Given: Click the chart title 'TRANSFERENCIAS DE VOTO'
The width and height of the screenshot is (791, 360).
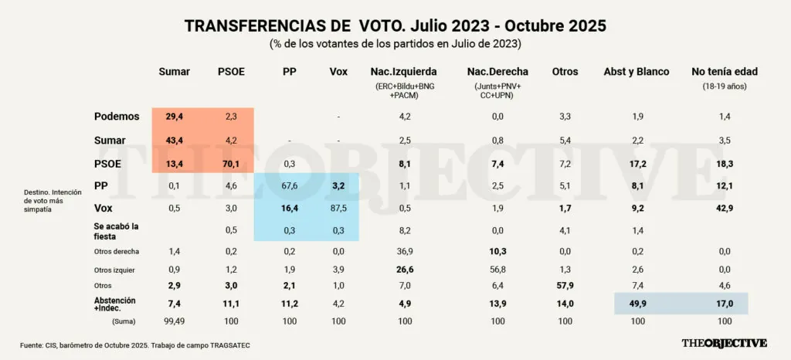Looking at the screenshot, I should (x=395, y=25).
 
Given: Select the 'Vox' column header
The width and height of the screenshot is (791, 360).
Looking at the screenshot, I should (x=338, y=72).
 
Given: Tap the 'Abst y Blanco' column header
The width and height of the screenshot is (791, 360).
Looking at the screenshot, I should (x=636, y=72).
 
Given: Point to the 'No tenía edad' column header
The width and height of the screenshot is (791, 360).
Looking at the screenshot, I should (x=724, y=72).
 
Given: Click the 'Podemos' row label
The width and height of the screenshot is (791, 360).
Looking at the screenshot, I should (x=117, y=117).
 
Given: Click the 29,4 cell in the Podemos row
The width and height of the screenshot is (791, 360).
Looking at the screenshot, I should (x=175, y=117).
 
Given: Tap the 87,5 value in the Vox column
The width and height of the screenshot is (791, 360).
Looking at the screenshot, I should (x=338, y=209).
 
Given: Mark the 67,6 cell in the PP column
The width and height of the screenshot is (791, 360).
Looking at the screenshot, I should (x=289, y=186).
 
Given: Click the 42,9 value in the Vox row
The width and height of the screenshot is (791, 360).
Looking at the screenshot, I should (x=724, y=209).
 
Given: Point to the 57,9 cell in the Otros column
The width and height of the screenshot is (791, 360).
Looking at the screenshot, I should (x=565, y=286).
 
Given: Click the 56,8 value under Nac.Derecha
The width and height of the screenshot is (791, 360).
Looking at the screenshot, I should (x=497, y=269).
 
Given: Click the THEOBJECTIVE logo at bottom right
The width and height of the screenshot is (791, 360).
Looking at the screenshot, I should (x=724, y=343).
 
